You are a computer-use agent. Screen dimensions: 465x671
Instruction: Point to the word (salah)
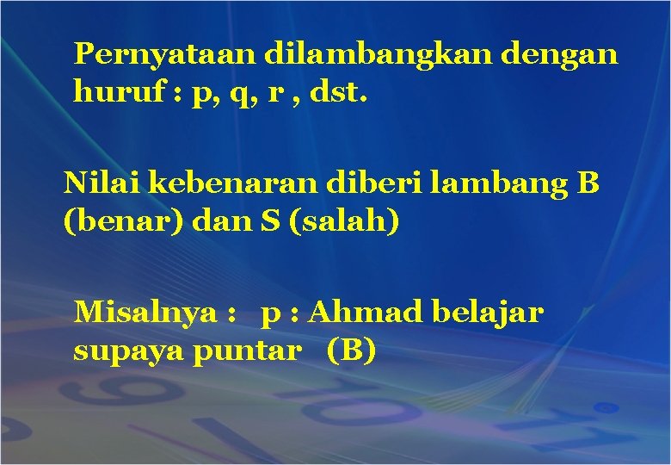[x=349, y=221]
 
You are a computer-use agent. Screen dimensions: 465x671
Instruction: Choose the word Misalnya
[x=146, y=312]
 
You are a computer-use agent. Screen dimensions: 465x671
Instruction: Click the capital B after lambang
[x=589, y=183]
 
